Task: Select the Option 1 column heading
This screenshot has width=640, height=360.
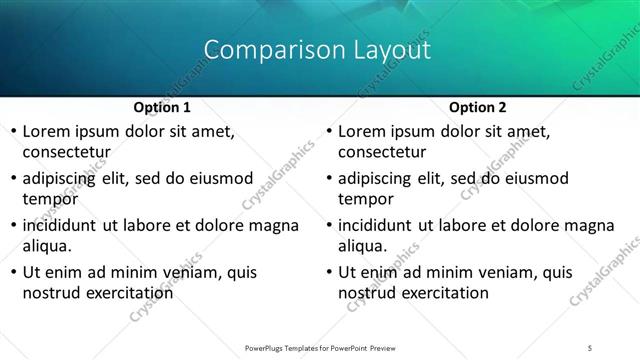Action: pyautogui.click(x=161, y=107)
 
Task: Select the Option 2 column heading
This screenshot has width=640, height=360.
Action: pyautogui.click(x=477, y=107)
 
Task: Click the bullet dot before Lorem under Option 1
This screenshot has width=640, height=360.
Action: pyautogui.click(x=11, y=132)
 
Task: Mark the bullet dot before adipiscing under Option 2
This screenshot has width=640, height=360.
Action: pyautogui.click(x=327, y=179)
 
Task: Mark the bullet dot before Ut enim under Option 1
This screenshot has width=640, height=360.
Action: pyautogui.click(x=11, y=272)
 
